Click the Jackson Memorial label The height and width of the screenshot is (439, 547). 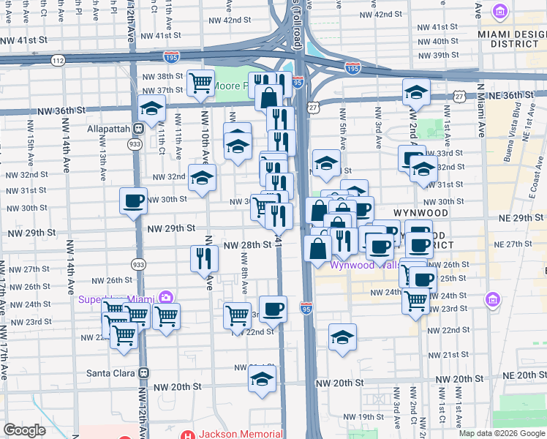(x=238, y=434)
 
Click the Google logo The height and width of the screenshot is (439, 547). (x=24, y=430)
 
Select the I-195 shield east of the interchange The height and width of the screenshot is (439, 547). (x=352, y=68)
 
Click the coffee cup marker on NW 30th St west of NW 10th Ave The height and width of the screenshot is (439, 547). (x=134, y=200)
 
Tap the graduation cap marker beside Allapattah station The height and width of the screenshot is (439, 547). (x=151, y=109)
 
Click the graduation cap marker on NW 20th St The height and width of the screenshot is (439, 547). (x=262, y=379)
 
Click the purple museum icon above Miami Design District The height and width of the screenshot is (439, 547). (x=500, y=11)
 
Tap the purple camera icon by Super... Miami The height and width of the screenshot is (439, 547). (x=166, y=298)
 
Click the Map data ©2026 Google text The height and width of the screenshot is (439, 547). (x=499, y=433)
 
